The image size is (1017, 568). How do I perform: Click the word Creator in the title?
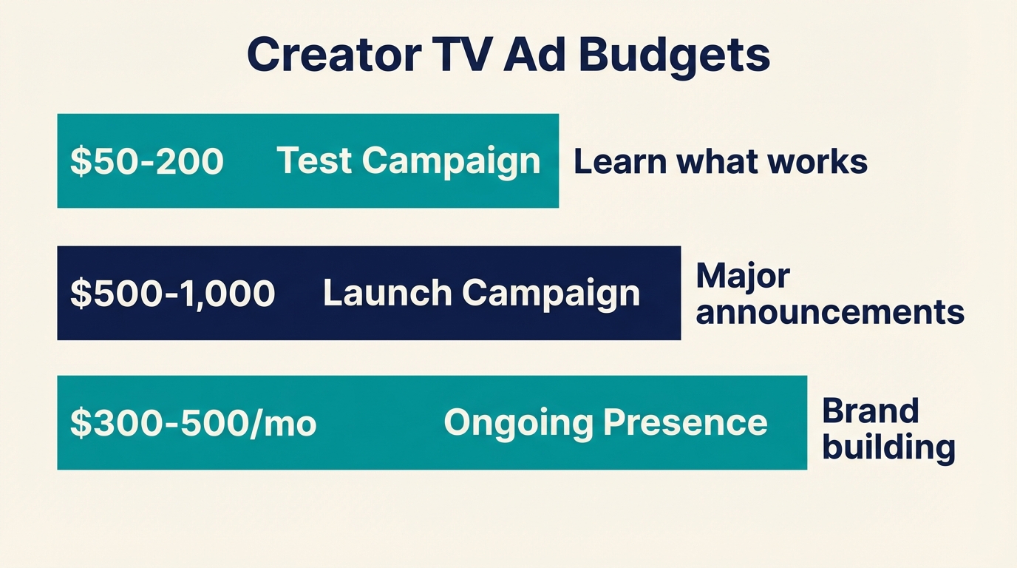pos(332,55)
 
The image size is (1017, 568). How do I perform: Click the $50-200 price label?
pos(147,161)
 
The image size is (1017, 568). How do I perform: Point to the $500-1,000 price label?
pos(172,294)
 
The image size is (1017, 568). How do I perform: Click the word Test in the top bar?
pos(315,160)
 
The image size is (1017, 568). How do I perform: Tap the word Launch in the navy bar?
pos(387,293)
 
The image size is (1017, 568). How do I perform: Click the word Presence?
pos(685,422)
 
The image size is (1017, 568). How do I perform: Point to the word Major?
pos(743,276)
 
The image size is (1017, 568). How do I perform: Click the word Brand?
pos(871,410)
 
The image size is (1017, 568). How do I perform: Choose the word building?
pos(889,447)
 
